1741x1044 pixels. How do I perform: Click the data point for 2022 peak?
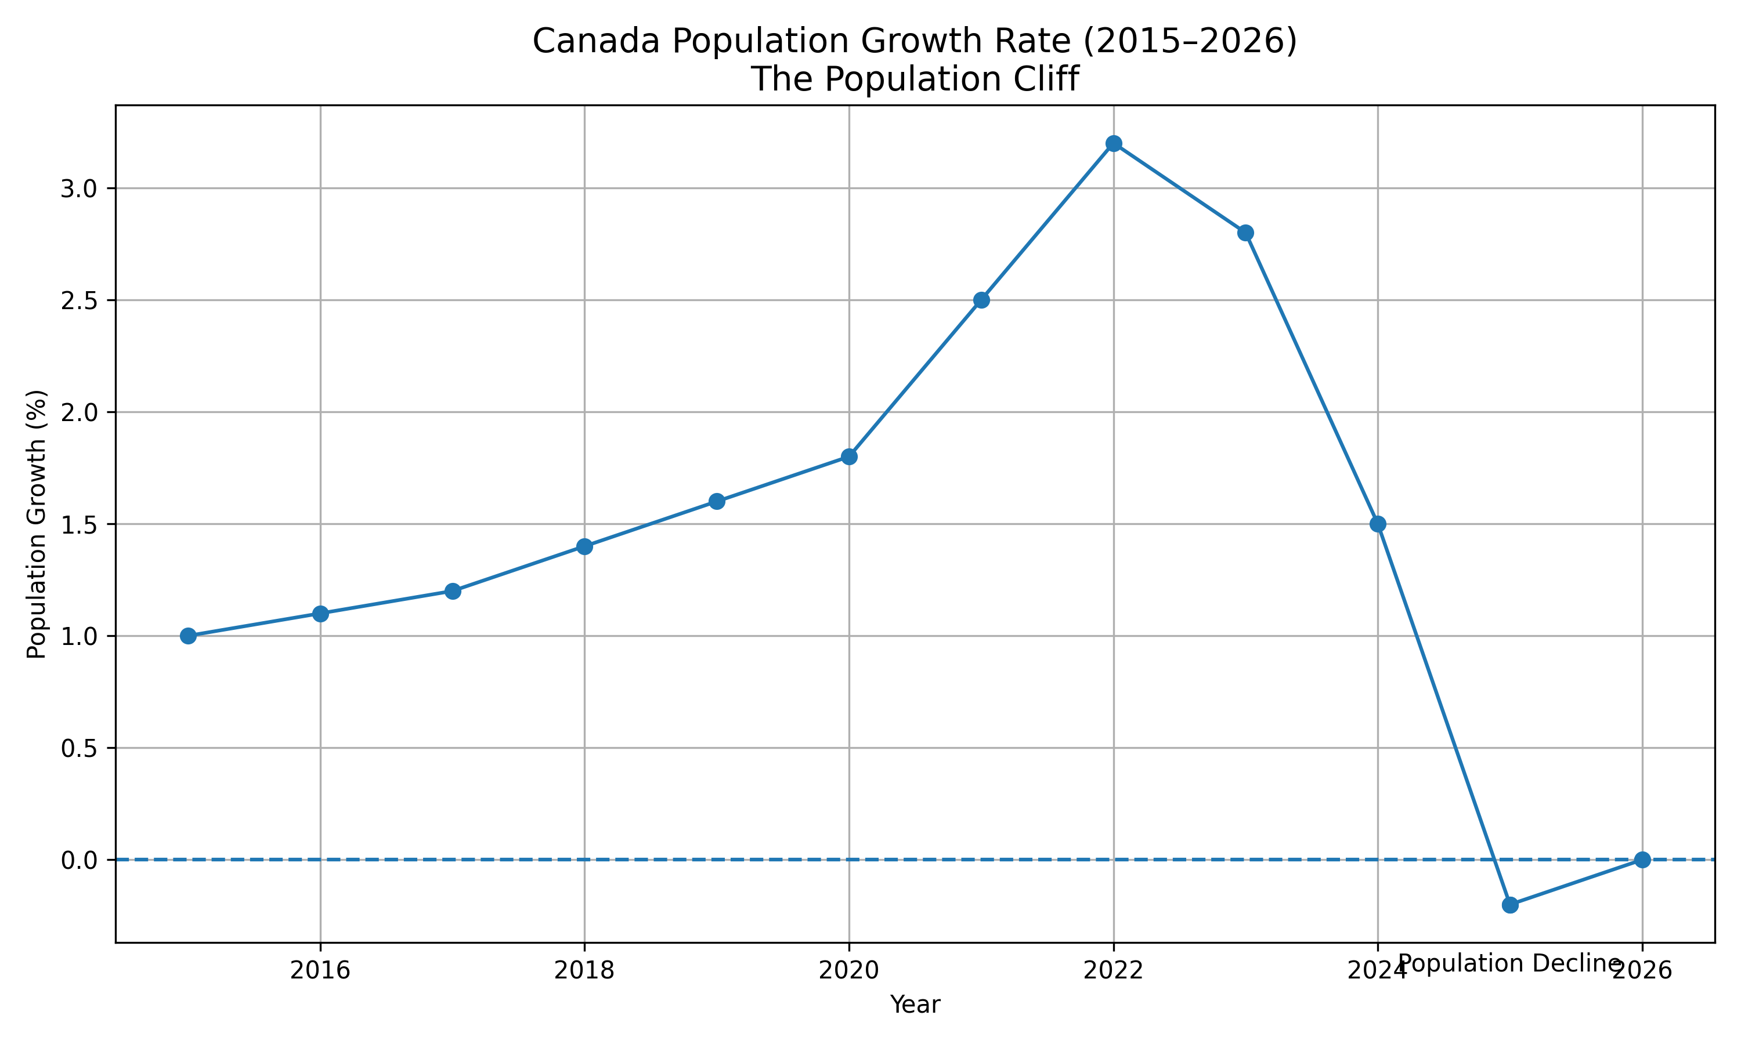[x=1113, y=143]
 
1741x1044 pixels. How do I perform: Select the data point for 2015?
[x=188, y=636]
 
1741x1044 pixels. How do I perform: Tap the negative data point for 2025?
[x=1510, y=905]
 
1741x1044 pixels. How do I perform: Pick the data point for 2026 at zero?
[x=1642, y=860]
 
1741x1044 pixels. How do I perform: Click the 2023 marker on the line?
[x=1245, y=233]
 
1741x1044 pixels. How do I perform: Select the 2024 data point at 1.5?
[x=1378, y=524]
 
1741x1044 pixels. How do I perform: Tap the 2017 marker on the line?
[x=453, y=591]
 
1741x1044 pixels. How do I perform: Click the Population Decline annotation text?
[x=1510, y=964]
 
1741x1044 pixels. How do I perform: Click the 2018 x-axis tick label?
[x=584, y=971]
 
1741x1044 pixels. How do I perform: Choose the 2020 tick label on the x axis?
[x=848, y=971]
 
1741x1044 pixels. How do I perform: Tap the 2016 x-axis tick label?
[x=320, y=971]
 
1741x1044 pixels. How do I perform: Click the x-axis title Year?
[x=915, y=1005]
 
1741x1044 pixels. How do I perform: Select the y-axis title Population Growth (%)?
[x=37, y=524]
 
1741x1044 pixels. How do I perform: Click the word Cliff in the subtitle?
[x=1046, y=79]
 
